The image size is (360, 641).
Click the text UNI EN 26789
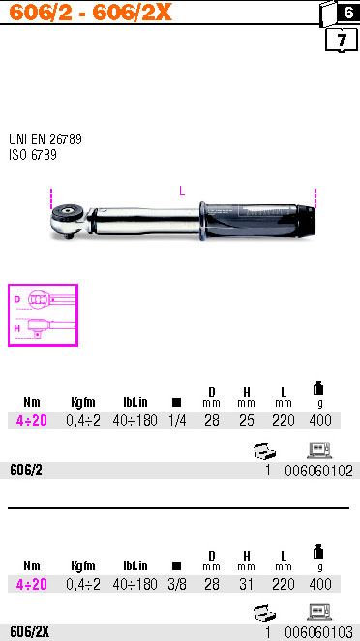(x=45, y=139)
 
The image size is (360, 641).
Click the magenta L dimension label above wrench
(x=181, y=191)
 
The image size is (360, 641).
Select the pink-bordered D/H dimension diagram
(x=43, y=315)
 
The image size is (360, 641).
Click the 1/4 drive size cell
(x=176, y=420)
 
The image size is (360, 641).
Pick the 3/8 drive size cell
(x=176, y=585)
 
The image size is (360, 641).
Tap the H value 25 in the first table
(x=247, y=420)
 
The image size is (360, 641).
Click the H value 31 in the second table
(x=247, y=585)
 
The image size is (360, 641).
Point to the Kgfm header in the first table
(x=83, y=402)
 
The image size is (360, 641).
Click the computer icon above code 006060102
(x=320, y=449)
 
